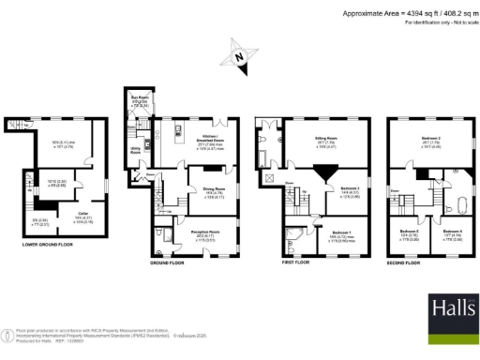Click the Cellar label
coord(84,212)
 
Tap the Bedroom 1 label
coord(341,232)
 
